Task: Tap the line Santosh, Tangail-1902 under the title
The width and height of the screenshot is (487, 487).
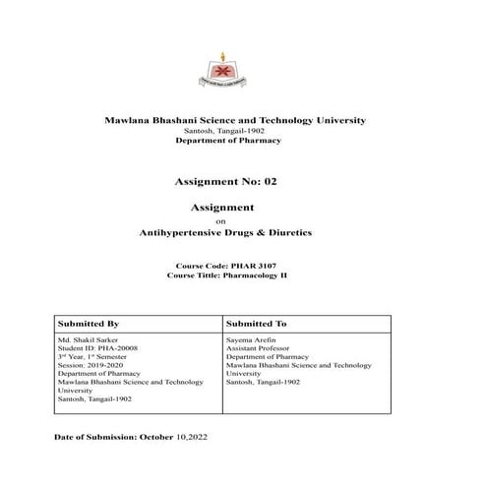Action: coord(221,131)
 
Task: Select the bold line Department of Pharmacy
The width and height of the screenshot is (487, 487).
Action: coord(227,142)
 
